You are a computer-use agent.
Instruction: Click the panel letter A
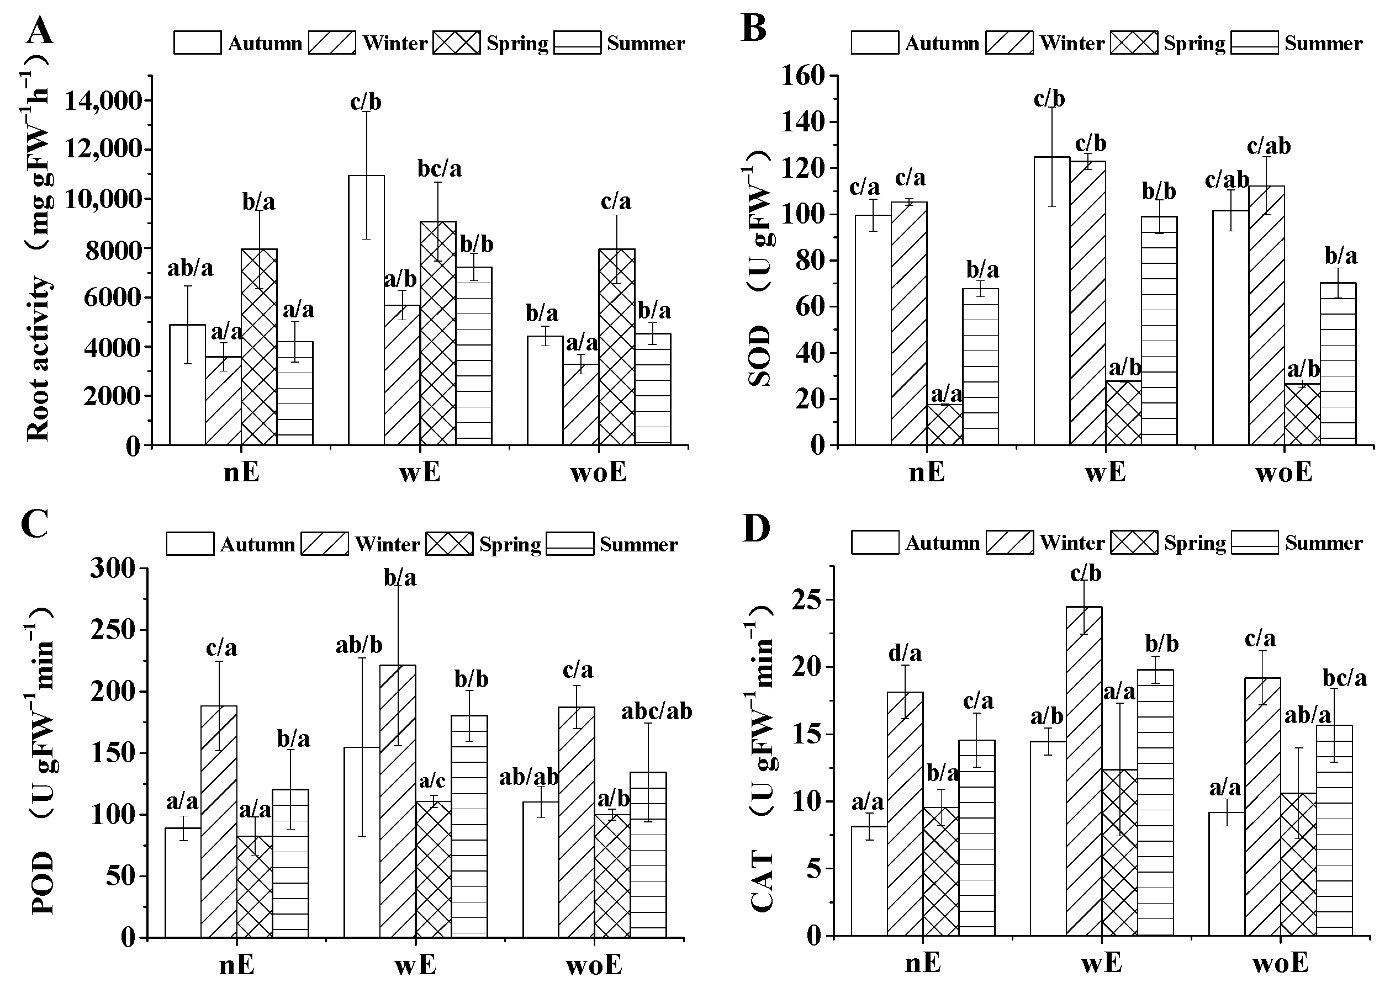40,30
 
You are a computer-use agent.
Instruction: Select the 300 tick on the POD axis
112,569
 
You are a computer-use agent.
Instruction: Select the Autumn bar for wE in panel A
366,310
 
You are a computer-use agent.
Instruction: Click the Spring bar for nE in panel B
944,424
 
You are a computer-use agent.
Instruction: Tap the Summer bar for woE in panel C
648,855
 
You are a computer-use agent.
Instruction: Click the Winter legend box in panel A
332,43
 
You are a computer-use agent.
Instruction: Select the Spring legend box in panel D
1134,543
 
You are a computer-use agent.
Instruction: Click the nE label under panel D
923,963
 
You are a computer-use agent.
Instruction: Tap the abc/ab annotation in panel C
656,711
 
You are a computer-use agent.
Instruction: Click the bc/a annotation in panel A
440,168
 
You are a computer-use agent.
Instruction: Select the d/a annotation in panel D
905,654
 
